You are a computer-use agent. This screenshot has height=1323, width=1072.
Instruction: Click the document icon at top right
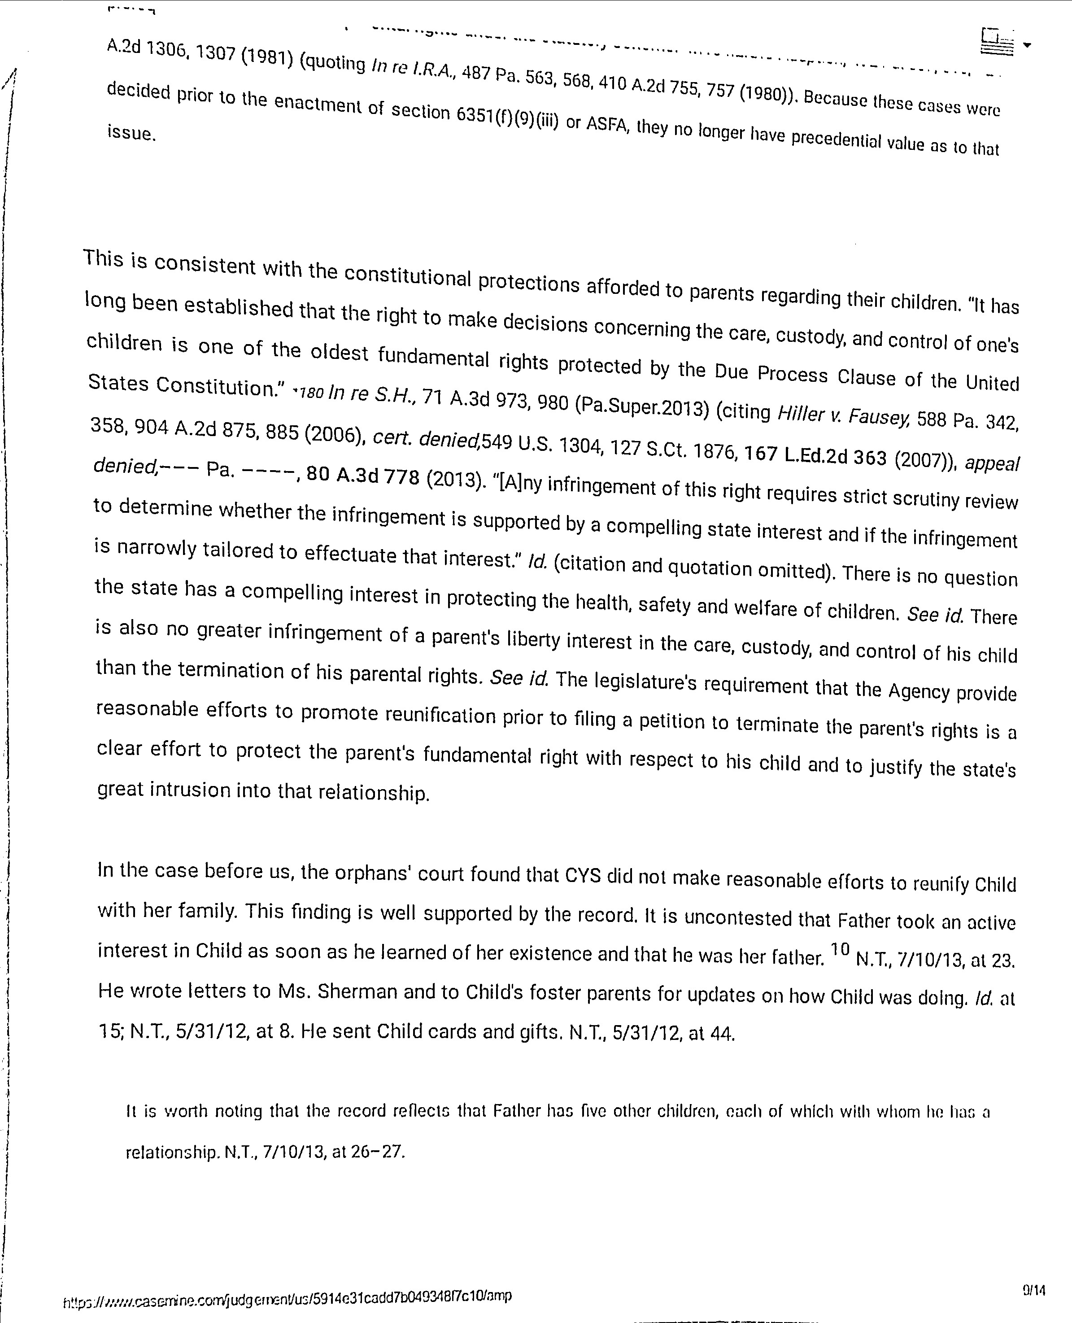point(997,43)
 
